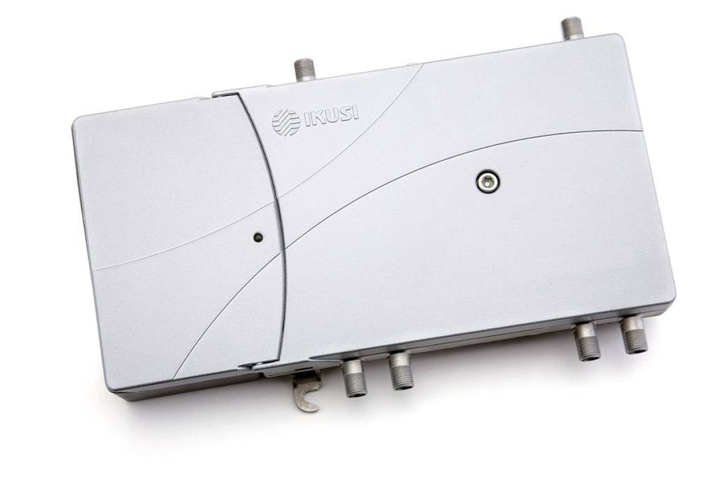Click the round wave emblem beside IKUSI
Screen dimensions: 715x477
(x=285, y=123)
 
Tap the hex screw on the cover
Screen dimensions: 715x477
(x=488, y=182)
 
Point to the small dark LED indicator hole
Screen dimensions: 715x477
(x=258, y=237)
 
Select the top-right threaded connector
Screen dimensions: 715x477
(x=572, y=29)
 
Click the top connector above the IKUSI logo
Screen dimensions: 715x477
(x=304, y=70)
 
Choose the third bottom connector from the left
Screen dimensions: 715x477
(x=587, y=342)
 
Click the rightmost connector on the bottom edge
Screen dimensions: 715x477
(x=633, y=335)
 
